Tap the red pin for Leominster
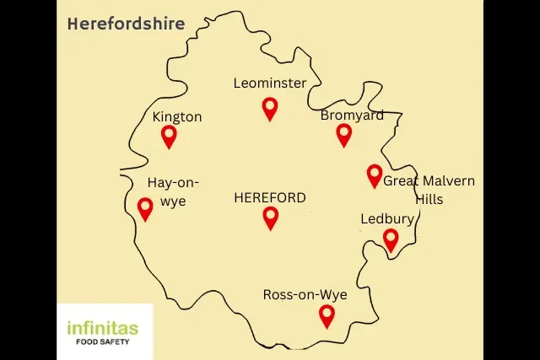click(x=270, y=108)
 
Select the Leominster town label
click(x=270, y=83)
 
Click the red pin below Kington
click(x=170, y=135)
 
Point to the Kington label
click(x=177, y=117)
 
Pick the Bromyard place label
click(x=352, y=115)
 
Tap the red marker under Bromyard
click(x=343, y=134)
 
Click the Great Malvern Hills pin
click(x=375, y=175)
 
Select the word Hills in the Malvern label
click(x=429, y=200)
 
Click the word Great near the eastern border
click(x=402, y=181)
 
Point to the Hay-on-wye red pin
click(x=145, y=207)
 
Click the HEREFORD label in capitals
click(x=270, y=198)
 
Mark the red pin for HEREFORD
click(x=271, y=218)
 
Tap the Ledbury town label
click(x=387, y=219)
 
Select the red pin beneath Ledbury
click(x=391, y=239)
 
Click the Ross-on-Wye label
click(x=305, y=294)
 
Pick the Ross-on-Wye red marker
click(x=327, y=315)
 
